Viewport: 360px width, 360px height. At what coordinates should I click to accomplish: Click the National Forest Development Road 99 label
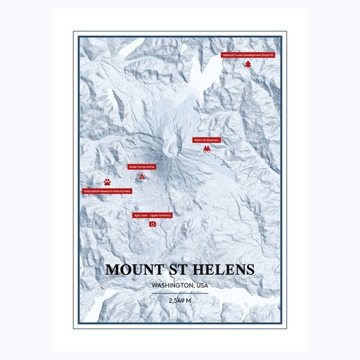pos(247,54)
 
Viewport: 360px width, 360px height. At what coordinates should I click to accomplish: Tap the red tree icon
pos(248,64)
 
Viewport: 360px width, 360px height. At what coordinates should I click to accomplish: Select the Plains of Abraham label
pos(207,140)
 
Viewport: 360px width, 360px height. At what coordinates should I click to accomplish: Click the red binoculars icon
pos(207,150)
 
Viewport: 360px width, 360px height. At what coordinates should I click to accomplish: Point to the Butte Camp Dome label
pos(141,167)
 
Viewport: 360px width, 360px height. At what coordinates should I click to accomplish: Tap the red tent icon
pos(142,176)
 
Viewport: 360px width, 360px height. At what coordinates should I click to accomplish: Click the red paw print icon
pos(107,181)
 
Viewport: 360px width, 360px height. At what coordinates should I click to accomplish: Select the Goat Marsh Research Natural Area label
pos(107,191)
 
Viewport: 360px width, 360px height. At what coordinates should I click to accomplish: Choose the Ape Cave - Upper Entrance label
pos(153,215)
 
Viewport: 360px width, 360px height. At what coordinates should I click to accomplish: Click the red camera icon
pos(153,224)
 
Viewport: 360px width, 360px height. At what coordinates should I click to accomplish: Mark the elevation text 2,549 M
pos(180,301)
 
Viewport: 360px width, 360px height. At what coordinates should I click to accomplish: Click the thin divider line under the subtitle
pos(180,293)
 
